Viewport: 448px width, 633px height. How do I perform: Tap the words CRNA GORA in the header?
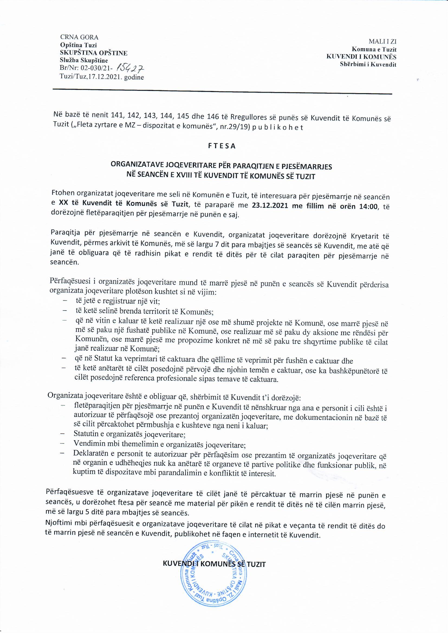tap(79, 37)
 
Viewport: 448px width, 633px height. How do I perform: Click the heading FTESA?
tap(222, 146)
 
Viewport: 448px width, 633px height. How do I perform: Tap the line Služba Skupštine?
tap(84, 60)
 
